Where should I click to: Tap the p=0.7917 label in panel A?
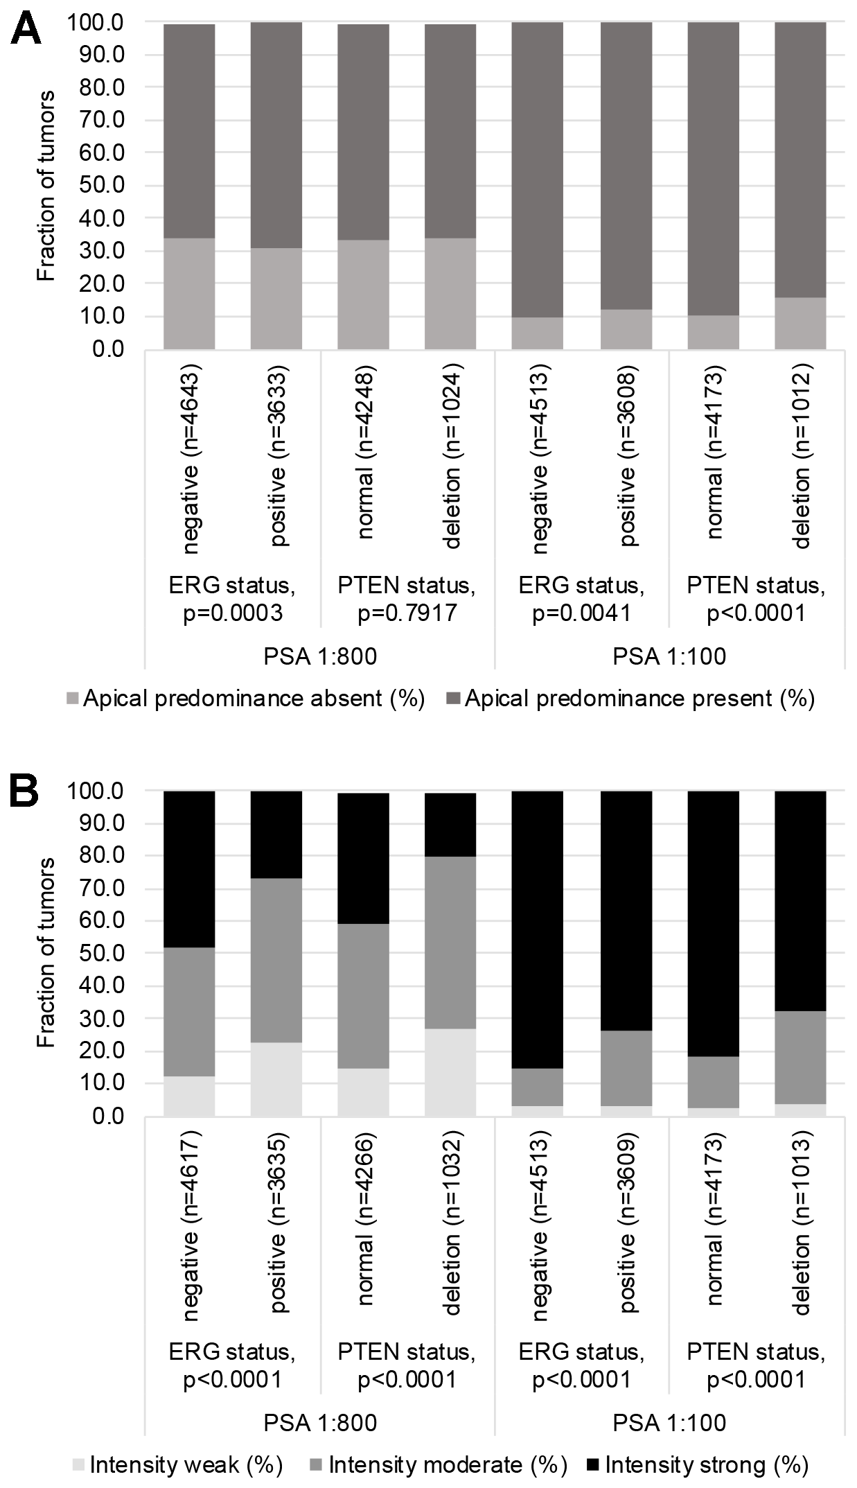[407, 613]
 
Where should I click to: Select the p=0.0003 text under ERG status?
[232, 613]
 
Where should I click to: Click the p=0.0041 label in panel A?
[581, 613]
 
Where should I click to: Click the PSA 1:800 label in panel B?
[320, 1423]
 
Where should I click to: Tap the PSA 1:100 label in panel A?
[669, 656]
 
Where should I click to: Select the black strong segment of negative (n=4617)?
[189, 868]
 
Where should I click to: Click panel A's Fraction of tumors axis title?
[46, 186]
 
